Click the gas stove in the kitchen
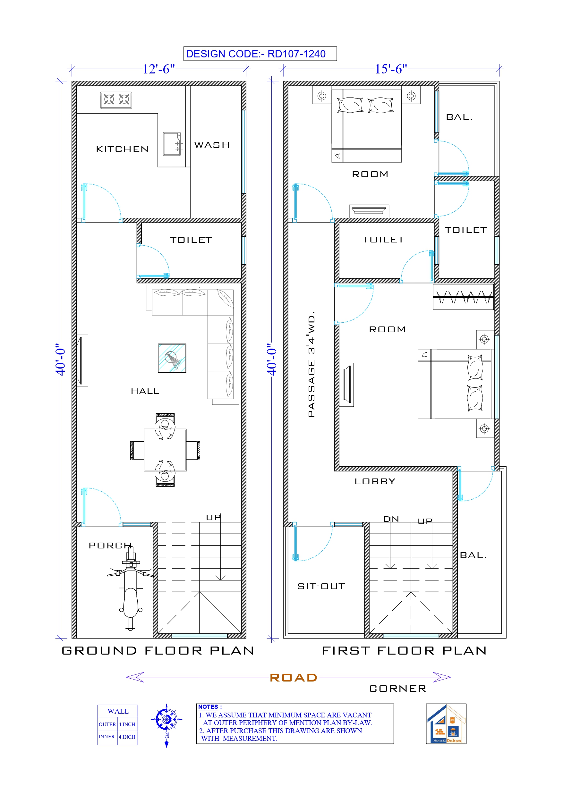116,100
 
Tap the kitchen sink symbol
172,144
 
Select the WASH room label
212,145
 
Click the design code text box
260,54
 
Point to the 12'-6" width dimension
158,69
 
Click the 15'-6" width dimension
391,69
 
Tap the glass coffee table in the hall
172,358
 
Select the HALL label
145,391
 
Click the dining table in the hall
165,450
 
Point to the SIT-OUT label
321,586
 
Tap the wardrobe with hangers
463,297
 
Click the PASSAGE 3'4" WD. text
311,364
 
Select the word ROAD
294,678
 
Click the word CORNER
397,689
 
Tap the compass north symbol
166,720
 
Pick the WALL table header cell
118,711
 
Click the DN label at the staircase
391,519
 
